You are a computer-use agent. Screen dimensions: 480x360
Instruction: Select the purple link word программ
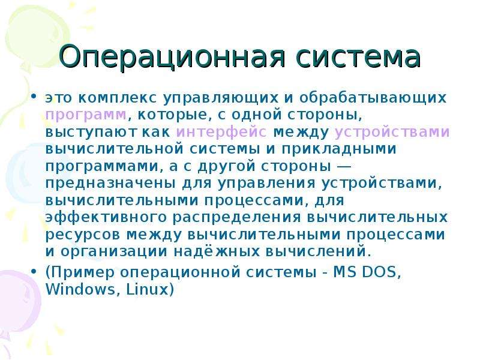(86, 115)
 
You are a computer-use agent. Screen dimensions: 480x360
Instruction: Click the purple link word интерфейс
(221, 132)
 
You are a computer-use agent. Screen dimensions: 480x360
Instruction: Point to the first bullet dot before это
(34, 97)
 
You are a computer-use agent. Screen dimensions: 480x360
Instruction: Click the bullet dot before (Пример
(34, 271)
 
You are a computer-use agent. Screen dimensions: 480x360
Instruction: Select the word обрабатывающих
(373, 98)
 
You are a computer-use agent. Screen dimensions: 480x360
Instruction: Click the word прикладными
(339, 149)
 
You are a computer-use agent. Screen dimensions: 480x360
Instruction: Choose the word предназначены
(110, 184)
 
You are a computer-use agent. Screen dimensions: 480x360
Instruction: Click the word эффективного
(106, 217)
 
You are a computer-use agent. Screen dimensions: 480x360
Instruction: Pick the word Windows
(80, 289)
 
